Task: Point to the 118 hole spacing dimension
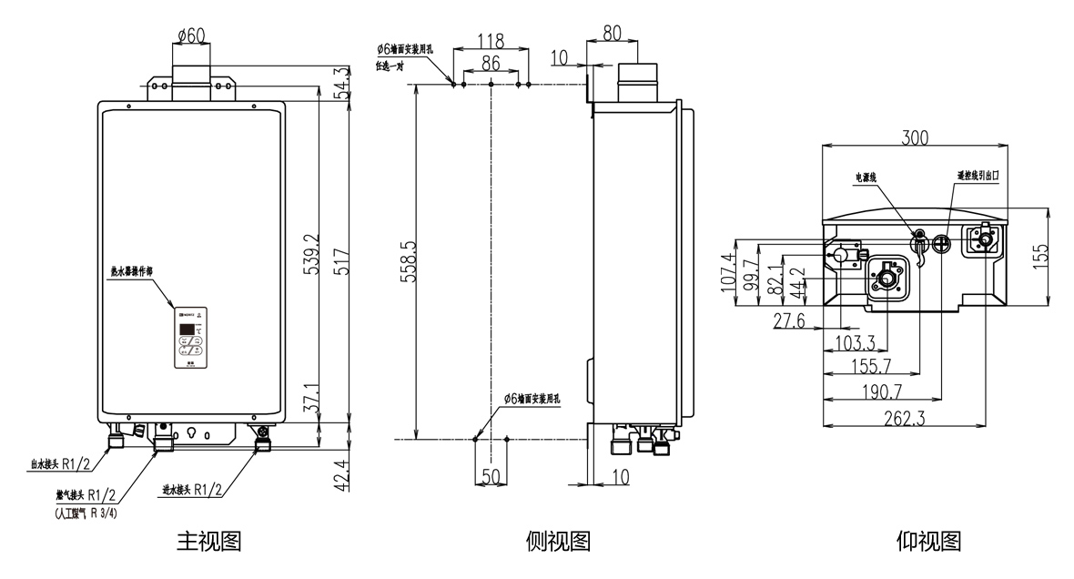(x=491, y=40)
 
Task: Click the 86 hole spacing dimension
(x=491, y=63)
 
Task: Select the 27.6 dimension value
(x=788, y=320)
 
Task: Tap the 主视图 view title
(x=208, y=542)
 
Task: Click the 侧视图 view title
(x=559, y=542)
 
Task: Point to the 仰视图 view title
(x=928, y=542)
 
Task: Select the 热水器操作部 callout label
(x=132, y=271)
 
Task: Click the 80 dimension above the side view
(x=612, y=34)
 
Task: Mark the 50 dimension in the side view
(x=491, y=475)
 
